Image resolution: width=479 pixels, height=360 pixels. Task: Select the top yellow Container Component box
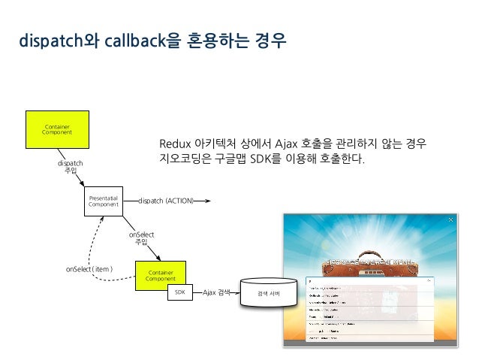click(x=58, y=130)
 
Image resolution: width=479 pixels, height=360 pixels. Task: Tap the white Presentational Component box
click(x=104, y=201)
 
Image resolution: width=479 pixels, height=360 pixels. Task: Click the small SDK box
click(x=179, y=292)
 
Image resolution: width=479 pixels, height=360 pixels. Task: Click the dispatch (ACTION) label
click(x=166, y=201)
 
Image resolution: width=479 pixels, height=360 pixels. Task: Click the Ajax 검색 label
click(x=217, y=292)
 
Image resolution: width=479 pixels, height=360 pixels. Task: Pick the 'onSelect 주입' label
click(x=140, y=237)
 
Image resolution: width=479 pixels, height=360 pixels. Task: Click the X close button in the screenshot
click(x=450, y=220)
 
